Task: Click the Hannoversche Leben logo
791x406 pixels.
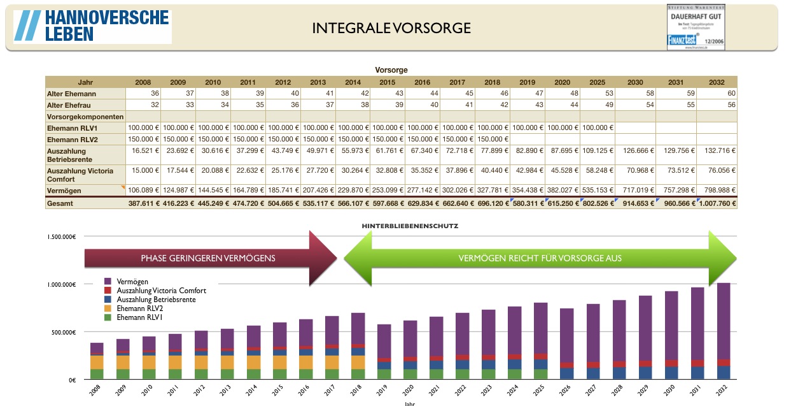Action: tap(92, 26)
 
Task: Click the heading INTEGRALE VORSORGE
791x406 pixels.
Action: tap(391, 28)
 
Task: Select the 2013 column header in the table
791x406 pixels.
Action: tap(318, 82)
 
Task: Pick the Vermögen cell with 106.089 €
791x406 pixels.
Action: tap(143, 191)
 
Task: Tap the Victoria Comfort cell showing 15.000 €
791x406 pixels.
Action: tap(143, 170)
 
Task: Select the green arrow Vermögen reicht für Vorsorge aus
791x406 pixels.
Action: tap(540, 258)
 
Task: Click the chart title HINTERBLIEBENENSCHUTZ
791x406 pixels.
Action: tap(410, 226)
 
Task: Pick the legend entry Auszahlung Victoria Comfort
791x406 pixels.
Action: tap(161, 290)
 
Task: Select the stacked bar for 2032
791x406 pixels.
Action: tap(724, 331)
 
